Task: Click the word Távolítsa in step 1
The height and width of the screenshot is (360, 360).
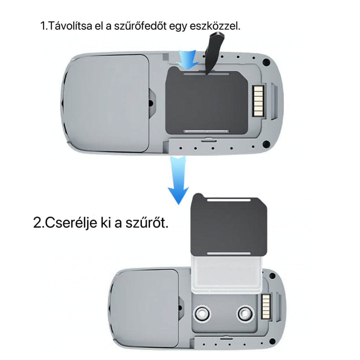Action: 70,26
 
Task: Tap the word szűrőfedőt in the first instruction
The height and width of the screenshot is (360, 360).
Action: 140,26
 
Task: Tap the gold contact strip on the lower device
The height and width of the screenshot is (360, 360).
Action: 266,306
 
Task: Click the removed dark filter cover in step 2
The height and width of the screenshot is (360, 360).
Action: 229,225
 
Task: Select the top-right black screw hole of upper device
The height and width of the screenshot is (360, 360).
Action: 266,62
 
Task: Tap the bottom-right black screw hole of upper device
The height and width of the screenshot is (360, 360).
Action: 266,144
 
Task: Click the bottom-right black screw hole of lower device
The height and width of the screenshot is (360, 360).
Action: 272,341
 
